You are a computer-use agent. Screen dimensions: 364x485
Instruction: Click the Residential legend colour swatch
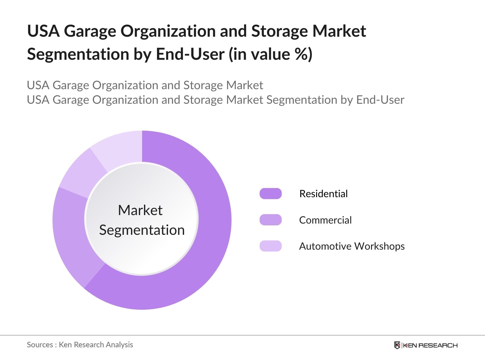(270, 194)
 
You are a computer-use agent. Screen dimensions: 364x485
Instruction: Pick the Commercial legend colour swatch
(270, 220)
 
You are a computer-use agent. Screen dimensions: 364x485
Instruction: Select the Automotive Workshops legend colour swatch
(270, 246)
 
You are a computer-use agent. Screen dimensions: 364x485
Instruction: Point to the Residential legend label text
(323, 194)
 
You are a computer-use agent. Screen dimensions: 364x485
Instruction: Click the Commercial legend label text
(325, 220)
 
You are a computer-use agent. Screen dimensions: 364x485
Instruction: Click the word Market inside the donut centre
(140, 210)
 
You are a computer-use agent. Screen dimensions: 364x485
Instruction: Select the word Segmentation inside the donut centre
(142, 230)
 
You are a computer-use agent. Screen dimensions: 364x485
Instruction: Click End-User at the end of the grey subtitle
(380, 100)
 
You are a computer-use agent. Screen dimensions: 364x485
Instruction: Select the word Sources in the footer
(40, 345)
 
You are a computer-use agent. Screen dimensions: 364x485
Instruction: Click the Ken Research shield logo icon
(397, 345)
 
